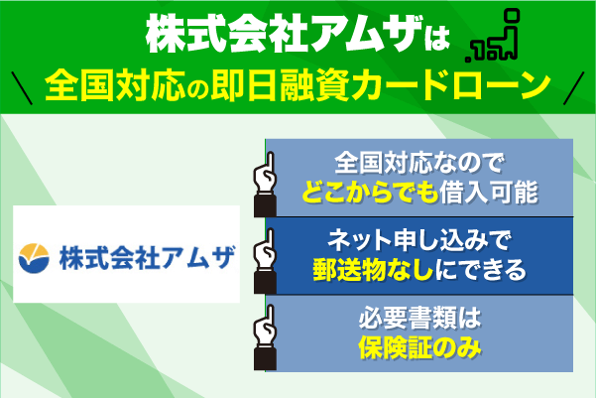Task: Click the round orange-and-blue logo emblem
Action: (x=42, y=256)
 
